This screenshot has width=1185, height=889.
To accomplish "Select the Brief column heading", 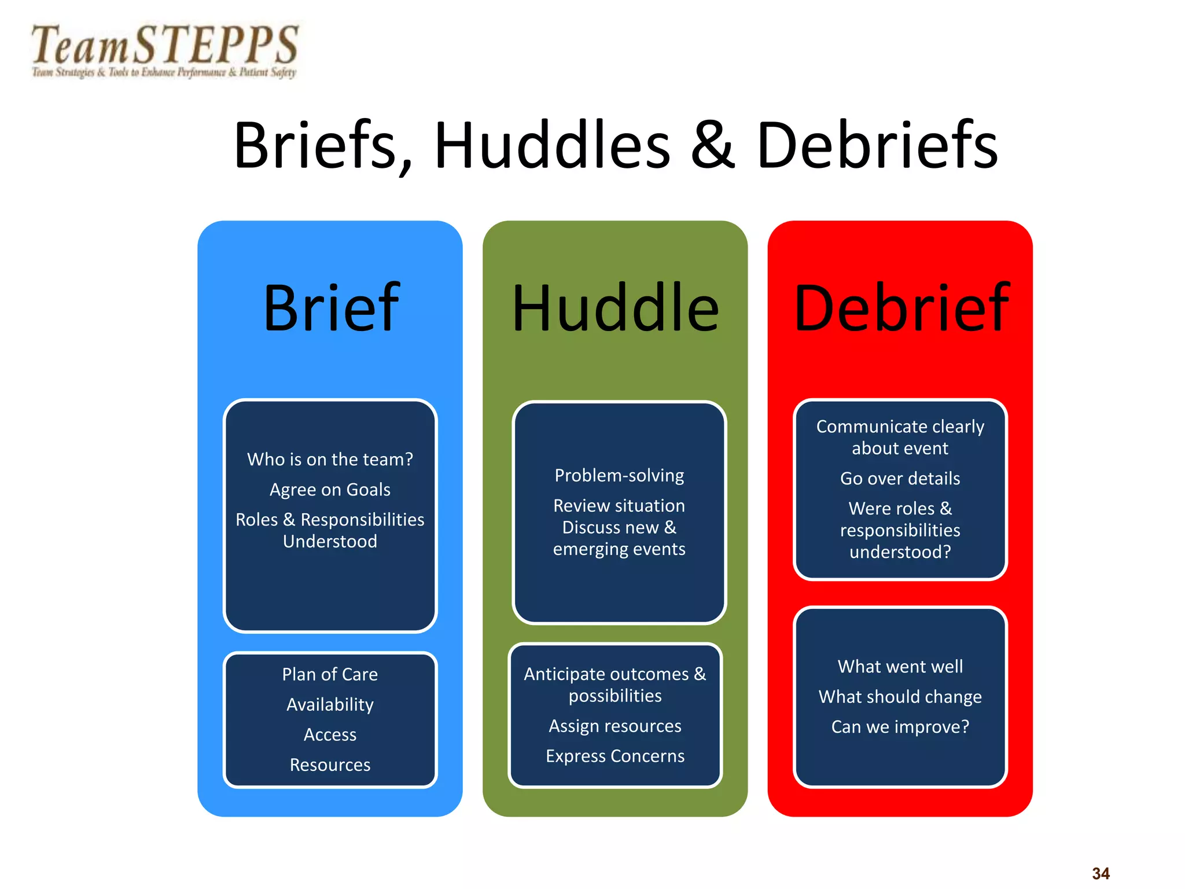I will [331, 308].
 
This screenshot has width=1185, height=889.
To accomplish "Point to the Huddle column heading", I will [615, 308].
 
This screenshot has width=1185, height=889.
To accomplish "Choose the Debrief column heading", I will [901, 308].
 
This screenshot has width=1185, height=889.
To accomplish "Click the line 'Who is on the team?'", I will [330, 460].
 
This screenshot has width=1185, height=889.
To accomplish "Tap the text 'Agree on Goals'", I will [330, 490].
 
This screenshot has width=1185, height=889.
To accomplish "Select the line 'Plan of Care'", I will [330, 674].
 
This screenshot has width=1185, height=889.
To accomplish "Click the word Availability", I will [330, 704].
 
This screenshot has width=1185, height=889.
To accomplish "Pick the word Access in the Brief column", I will [330, 734].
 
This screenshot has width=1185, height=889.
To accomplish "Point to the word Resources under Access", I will [330, 765].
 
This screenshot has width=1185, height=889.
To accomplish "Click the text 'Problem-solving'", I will [619, 475].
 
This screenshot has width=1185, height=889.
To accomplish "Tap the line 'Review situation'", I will [619, 506].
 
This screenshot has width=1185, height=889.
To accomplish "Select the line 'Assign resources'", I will [615, 726].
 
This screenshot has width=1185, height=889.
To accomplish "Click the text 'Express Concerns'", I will [615, 756].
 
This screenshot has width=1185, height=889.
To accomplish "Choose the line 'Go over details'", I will [900, 479].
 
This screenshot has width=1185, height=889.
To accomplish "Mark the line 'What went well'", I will [900, 667].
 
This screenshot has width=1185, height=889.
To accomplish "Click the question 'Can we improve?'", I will [900, 726].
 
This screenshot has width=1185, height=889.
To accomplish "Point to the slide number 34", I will [1101, 873].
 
